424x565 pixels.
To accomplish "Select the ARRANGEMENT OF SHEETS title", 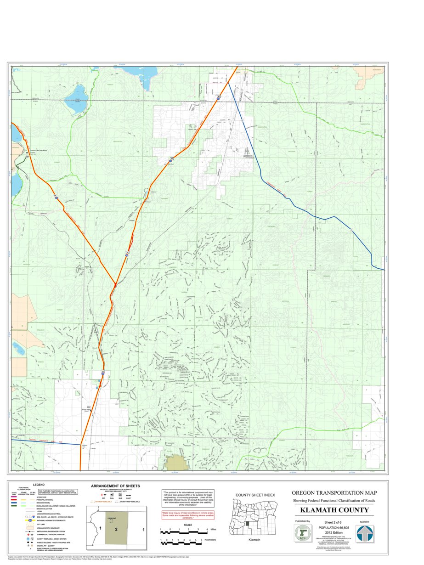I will [x=115, y=486].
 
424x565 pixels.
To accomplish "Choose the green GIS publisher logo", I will [x=302, y=534].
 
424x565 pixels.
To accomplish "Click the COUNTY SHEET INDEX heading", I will [x=255, y=495].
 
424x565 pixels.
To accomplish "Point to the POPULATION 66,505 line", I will [x=334, y=527].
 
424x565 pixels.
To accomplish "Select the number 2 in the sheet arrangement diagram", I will [x=116, y=530].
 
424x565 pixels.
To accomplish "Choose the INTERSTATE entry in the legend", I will [x=42, y=497].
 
